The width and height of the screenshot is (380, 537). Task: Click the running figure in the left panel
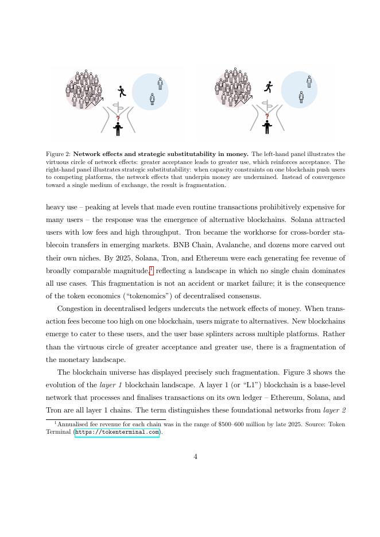coord(121,91)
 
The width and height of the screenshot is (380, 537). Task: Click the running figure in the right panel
coord(268,87)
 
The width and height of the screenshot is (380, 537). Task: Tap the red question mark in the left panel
coord(118,118)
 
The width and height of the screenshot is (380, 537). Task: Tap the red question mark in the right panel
coord(266,116)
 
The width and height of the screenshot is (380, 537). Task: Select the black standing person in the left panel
coord(118,129)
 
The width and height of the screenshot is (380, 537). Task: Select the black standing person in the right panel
coord(267,127)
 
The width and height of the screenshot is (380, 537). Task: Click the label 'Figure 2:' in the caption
coord(58,154)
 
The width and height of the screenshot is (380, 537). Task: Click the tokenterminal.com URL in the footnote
coord(117,433)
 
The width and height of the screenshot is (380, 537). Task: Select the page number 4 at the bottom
coord(195,457)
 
